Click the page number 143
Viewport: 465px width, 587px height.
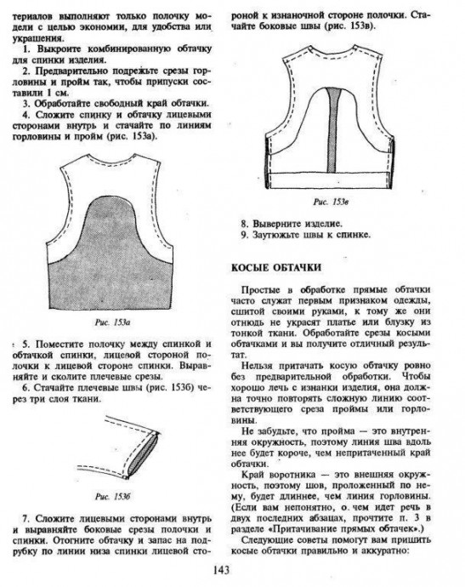pos(222,570)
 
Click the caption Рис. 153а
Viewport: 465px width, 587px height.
pos(112,322)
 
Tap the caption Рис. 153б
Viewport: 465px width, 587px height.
pos(112,497)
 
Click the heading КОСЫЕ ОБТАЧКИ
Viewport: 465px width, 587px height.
pos(276,267)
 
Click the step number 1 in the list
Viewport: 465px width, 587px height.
pos(26,49)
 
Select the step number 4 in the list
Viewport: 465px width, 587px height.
pos(26,115)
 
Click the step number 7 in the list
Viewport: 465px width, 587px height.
pos(26,519)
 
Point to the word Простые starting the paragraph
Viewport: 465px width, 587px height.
pos(260,290)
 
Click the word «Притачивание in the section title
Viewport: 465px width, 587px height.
pos(283,529)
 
